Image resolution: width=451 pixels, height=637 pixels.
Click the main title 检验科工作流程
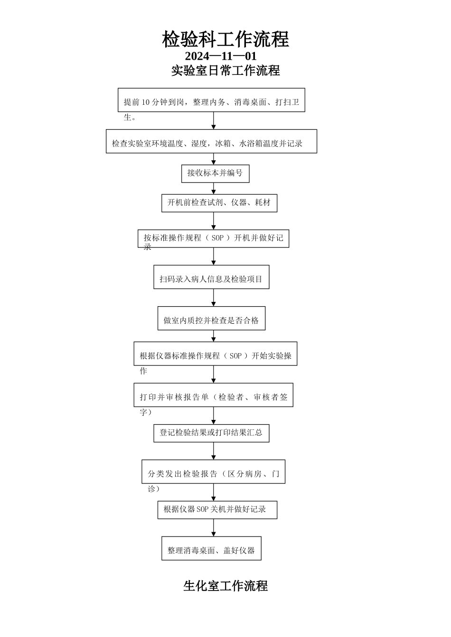click(225, 39)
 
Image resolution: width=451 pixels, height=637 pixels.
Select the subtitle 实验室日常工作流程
click(225, 71)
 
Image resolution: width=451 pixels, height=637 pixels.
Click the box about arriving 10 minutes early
click(211, 100)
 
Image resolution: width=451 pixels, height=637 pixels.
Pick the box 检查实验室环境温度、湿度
click(211, 142)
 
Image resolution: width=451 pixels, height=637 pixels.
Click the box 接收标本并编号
click(215, 173)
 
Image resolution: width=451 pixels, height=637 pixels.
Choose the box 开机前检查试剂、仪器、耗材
click(219, 203)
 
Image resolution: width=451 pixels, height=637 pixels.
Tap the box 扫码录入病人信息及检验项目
click(211, 277)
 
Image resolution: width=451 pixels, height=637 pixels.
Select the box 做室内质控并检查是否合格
click(211, 318)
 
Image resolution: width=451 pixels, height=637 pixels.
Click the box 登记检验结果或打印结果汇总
click(211, 433)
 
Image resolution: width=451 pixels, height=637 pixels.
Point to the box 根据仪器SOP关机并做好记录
click(217, 510)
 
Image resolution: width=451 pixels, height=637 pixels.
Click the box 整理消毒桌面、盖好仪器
click(211, 548)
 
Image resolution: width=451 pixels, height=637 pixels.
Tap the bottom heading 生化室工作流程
click(225, 586)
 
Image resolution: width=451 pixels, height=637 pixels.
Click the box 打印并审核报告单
click(213, 395)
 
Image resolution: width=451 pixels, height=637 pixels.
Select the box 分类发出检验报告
click(213, 472)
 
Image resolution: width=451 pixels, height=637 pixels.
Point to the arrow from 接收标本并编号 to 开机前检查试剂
click(214, 189)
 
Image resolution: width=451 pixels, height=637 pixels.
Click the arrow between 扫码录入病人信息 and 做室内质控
click(214, 298)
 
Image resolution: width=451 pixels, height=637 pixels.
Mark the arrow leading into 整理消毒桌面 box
click(214, 528)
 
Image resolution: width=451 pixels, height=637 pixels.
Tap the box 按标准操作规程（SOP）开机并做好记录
click(213, 238)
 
